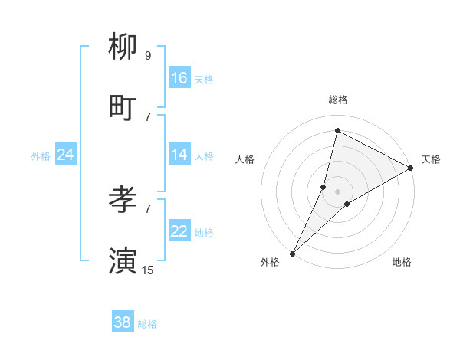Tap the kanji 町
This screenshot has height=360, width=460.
123,108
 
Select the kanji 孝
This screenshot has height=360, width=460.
123,200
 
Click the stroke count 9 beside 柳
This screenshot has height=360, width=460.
147,55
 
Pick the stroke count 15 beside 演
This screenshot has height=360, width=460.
147,270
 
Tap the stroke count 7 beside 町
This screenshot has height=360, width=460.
147,116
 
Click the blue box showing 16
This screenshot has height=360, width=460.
179,78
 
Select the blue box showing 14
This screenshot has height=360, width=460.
179,155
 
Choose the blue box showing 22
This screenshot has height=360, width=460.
179,231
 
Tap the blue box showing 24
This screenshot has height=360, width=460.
65,155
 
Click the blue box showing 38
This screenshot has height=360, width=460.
123,322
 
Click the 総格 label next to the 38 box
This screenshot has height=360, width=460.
147,324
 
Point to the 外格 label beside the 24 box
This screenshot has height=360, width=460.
41,156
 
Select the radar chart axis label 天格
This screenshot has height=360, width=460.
431,159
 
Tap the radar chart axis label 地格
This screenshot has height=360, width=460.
402,262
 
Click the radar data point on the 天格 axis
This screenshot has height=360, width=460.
411,168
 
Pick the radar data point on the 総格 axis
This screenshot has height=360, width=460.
337,130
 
